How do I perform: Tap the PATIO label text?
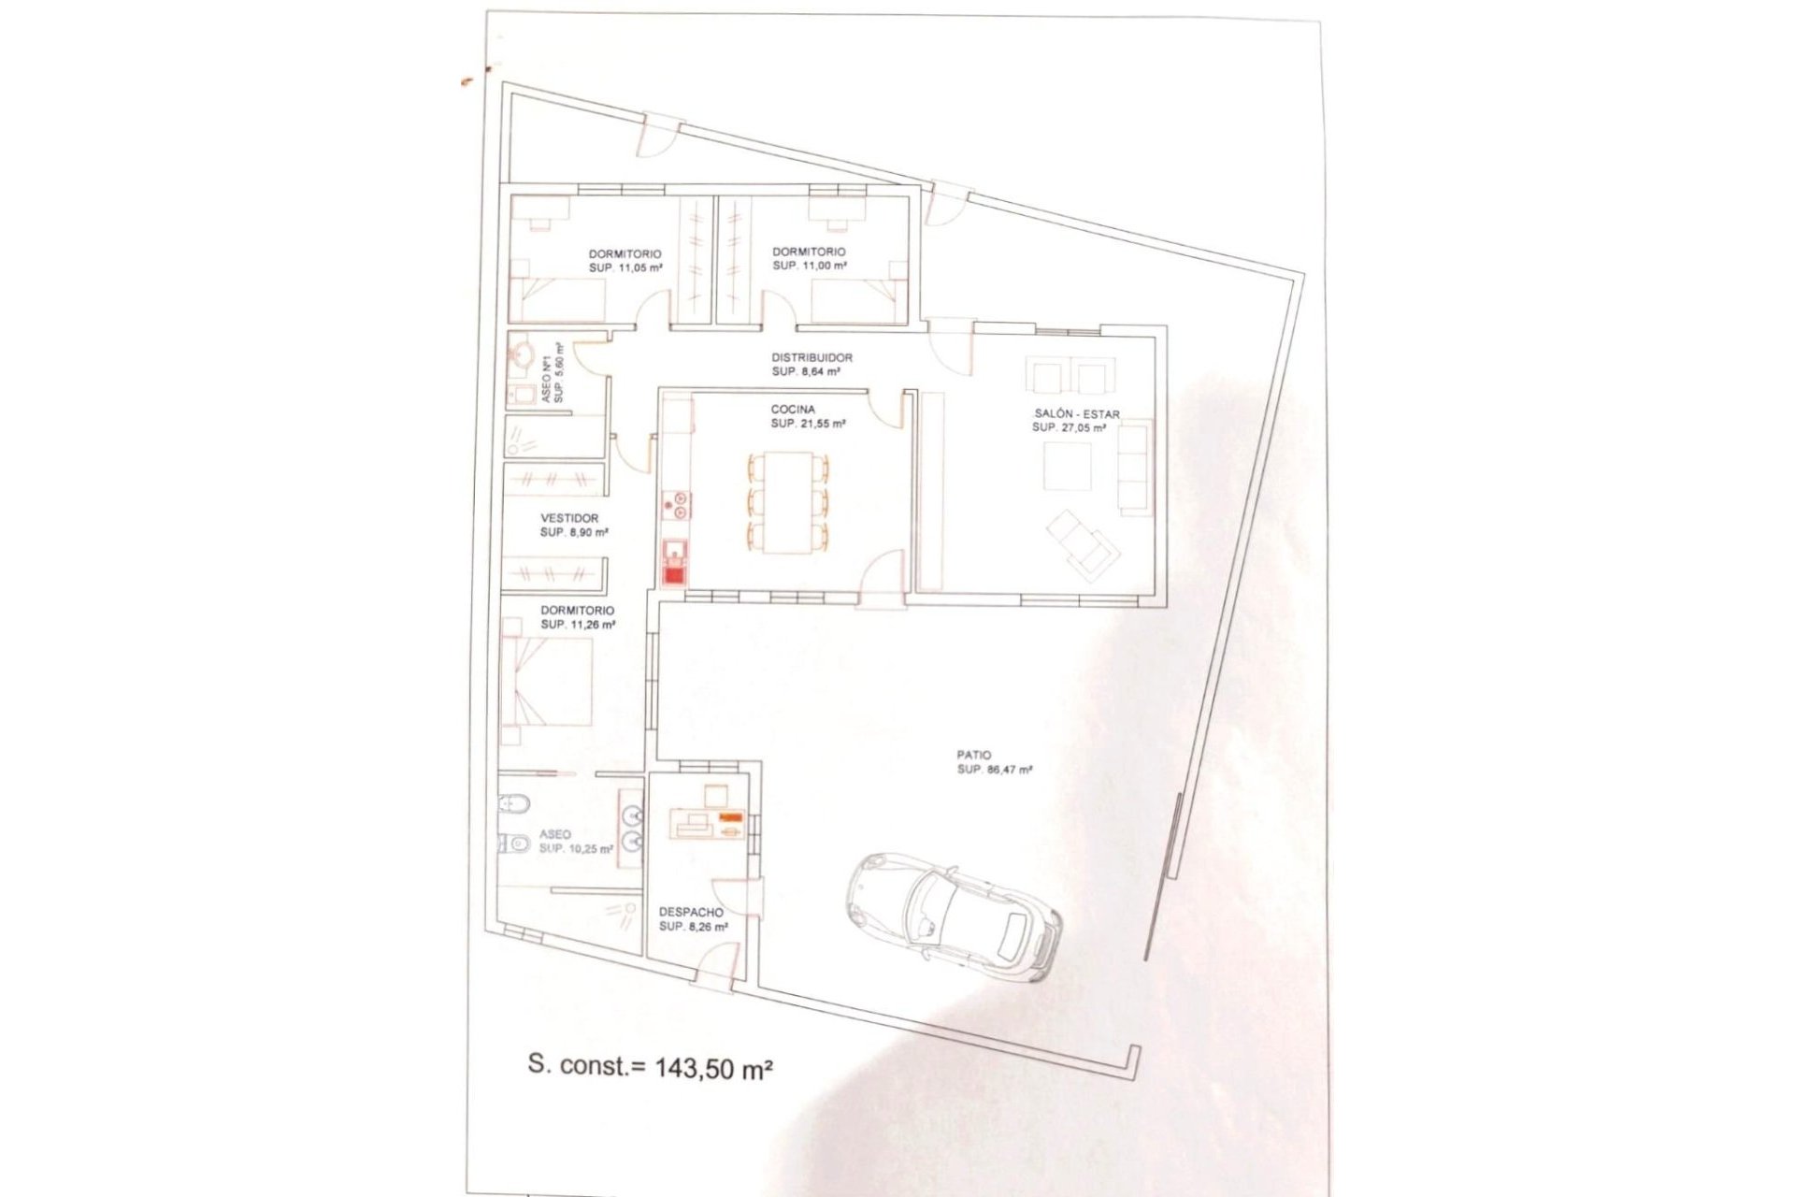pyautogui.click(x=973, y=755)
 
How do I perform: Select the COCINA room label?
pyautogui.click(x=793, y=410)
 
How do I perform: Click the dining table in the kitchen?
pyautogui.click(x=788, y=501)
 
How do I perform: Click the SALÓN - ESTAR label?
pyautogui.click(x=1076, y=414)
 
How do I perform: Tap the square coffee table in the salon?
pyautogui.click(x=1068, y=466)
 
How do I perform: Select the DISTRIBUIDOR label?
pyautogui.click(x=811, y=357)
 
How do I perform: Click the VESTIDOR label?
pyautogui.click(x=569, y=518)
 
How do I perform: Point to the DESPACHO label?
pyautogui.click(x=691, y=913)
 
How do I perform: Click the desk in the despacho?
pyautogui.click(x=708, y=824)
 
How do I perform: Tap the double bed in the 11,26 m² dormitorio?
pyautogui.click(x=547, y=682)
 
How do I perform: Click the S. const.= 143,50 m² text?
pyautogui.click(x=650, y=1066)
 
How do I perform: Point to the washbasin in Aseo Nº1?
pyautogui.click(x=523, y=354)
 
